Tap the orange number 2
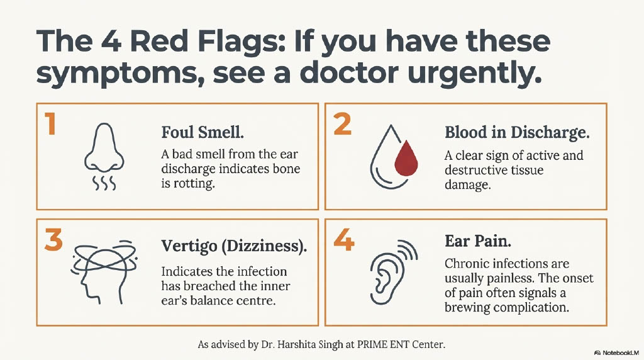click(x=342, y=125)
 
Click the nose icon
click(x=101, y=147)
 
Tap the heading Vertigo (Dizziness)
click(x=234, y=247)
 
